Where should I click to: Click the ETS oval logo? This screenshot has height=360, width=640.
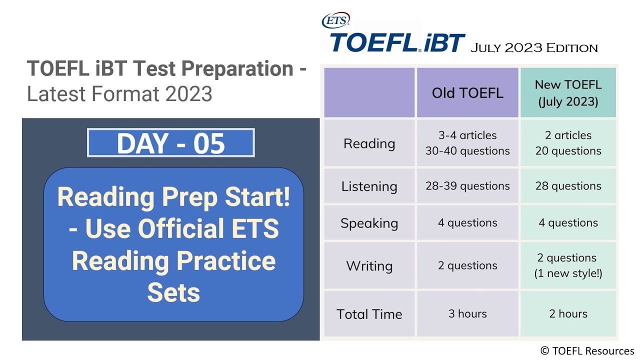pos(335,20)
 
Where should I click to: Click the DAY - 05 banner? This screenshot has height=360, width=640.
pos(171,143)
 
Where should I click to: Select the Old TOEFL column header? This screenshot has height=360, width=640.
pos(467,93)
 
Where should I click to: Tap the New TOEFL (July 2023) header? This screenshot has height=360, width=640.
pos(568,93)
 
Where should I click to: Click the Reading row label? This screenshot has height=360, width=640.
pos(369,143)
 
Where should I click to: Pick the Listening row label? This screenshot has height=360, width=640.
pos(369,186)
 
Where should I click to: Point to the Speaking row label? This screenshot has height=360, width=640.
pos(369,223)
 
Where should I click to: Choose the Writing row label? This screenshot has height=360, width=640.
pos(369,265)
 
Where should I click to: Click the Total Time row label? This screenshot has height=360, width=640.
pos(369,314)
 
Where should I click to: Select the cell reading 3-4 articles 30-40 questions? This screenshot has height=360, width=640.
pos(467,143)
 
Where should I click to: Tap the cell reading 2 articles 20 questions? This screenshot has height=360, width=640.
pos(568,143)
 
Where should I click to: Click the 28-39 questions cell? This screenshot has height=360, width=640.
pos(467,186)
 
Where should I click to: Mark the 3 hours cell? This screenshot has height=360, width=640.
pos(467,314)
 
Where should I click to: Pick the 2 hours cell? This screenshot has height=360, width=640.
pos(568,314)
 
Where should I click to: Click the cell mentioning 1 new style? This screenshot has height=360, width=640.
pos(568,265)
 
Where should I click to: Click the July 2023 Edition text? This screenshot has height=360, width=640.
pos(533,48)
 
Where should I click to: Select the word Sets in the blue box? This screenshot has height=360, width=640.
pos(173,292)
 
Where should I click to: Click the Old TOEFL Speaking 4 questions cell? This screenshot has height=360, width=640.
pos(467,223)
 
